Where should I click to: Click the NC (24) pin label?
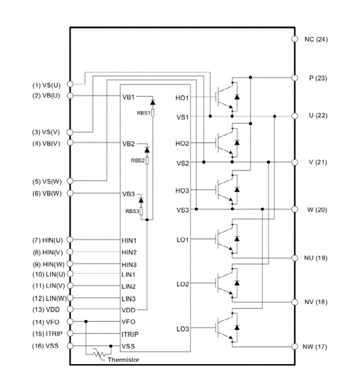click(x=316, y=39)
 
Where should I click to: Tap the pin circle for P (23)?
click(x=295, y=77)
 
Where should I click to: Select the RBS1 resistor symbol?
click(x=153, y=113)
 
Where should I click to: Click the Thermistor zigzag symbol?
click(x=100, y=354)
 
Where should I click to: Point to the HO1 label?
click(x=182, y=98)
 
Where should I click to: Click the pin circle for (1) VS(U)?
click(x=70, y=84)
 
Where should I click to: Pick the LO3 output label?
click(x=183, y=329)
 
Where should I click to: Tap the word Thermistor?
click(x=123, y=360)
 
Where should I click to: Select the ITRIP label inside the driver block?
click(x=130, y=335)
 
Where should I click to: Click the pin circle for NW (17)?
click(x=295, y=347)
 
